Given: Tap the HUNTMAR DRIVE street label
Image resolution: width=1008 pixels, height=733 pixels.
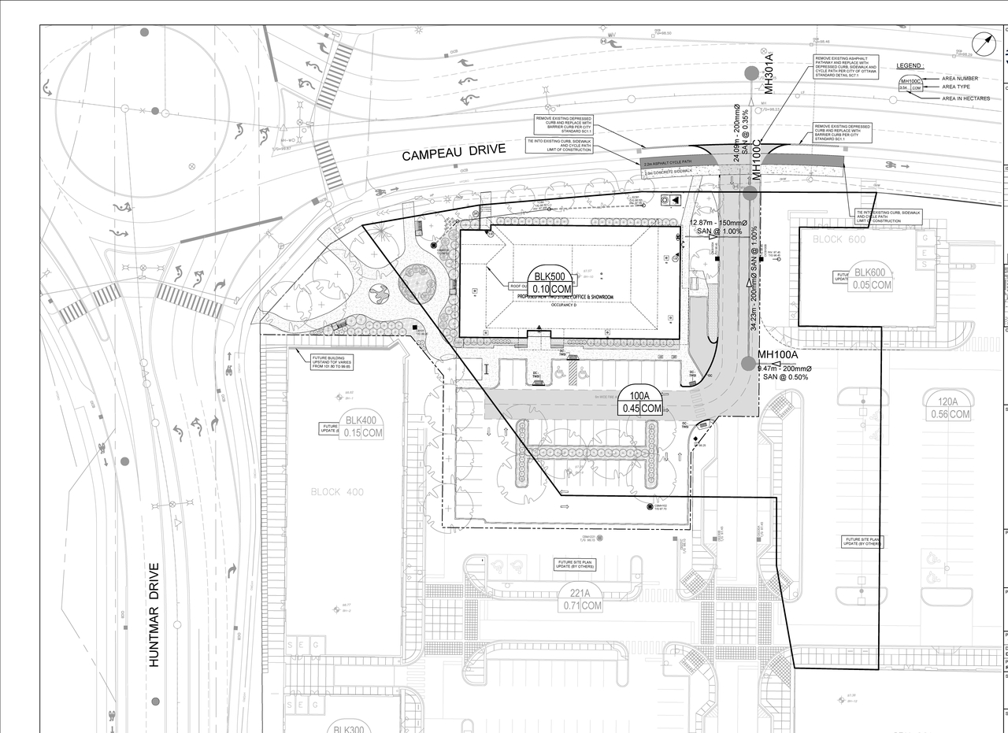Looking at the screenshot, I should [154, 615].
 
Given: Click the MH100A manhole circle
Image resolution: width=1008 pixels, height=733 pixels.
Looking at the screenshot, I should [748, 363].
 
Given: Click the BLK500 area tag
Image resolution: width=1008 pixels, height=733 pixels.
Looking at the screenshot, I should [551, 283].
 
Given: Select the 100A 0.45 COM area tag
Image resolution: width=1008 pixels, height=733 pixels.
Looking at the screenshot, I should [641, 402].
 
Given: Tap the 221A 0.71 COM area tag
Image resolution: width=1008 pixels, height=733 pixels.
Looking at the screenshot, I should [582, 599].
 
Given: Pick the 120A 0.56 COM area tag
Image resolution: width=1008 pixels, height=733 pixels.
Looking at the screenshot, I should [949, 408].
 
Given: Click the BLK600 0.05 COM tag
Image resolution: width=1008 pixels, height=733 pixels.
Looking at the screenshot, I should [870, 279].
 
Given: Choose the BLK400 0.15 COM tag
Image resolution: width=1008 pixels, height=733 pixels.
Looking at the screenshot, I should [362, 426].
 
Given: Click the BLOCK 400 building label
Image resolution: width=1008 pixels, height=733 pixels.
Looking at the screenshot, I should [337, 492].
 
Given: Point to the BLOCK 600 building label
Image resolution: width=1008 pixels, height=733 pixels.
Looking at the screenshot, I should [839, 239].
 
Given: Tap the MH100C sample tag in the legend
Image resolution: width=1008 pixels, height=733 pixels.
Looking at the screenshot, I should [910, 84].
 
